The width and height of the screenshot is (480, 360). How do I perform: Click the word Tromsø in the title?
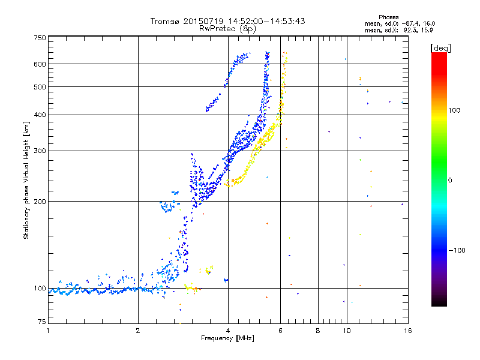click(x=165, y=21)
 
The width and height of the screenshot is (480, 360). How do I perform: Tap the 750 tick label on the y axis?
click(x=40, y=38)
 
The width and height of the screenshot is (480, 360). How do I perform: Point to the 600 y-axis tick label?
click(x=40, y=64)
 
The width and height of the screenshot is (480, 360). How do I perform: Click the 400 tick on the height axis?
click(x=40, y=115)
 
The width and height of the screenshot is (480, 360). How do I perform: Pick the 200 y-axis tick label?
click(x=40, y=202)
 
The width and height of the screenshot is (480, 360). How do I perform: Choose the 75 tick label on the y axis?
click(x=41, y=323)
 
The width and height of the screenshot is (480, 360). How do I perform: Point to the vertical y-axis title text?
click(x=26, y=180)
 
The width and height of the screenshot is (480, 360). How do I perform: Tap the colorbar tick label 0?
click(x=450, y=180)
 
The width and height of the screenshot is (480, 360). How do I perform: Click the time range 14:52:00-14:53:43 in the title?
click(x=265, y=21)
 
